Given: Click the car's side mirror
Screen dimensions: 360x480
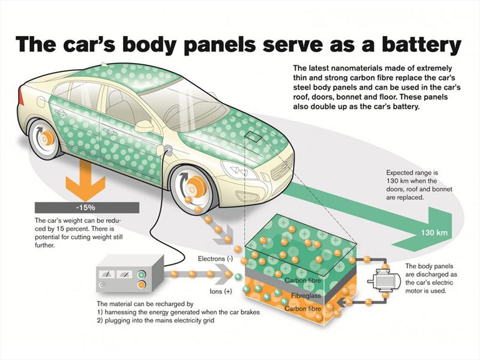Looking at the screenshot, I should (144, 127).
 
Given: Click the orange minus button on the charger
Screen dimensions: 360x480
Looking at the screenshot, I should (141, 287).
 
